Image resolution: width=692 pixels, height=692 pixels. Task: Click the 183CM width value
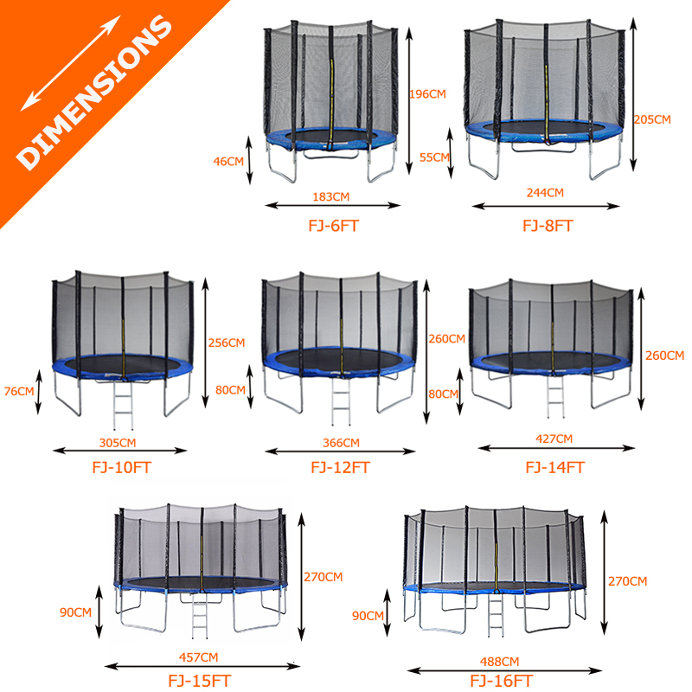pos(333,196)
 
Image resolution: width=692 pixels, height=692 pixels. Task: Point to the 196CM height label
pos(428,93)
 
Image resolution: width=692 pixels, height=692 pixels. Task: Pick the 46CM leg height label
pos(228,160)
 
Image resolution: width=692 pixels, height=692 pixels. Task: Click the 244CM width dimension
pos(545,193)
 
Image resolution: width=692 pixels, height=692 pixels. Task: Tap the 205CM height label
pos(652,119)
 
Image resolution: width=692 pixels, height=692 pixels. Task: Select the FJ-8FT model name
pos(548,227)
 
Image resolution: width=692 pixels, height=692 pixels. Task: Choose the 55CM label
pos(433,157)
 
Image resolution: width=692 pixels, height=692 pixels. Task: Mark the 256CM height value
pos(227,343)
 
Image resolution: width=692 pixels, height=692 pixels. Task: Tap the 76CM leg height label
pos(19,391)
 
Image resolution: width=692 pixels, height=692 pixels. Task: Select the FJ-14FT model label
pos(555,467)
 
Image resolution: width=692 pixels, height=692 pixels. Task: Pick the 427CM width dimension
pos(554,439)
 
